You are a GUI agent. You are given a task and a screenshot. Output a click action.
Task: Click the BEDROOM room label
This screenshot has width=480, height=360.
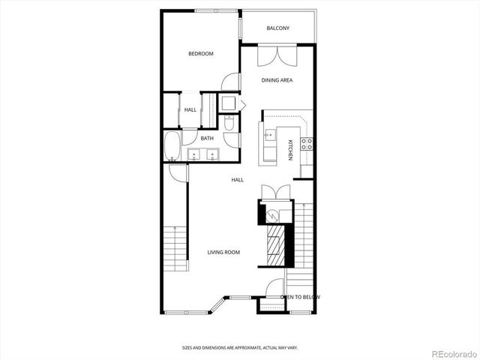point(201,53)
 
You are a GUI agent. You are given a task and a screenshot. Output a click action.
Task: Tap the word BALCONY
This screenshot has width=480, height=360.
point(277,28)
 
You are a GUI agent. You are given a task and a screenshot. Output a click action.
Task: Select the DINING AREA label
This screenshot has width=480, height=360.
point(277,80)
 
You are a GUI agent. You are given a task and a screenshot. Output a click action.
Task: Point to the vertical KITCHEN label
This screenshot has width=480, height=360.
point(289,149)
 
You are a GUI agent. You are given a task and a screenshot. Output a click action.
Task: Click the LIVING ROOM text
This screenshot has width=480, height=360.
point(223,252)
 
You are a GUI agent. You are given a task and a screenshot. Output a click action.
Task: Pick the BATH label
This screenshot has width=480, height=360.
point(207,138)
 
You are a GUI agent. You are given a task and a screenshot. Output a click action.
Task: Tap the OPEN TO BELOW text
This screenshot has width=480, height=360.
point(300,297)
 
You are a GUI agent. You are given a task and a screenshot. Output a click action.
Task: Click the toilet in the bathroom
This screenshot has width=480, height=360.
point(230,121)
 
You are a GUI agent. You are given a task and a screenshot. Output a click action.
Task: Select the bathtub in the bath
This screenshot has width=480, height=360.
point(172,145)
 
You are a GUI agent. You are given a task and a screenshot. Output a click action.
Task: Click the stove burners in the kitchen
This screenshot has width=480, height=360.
point(306,143)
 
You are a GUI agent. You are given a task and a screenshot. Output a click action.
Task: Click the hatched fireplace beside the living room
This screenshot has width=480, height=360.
point(276,244)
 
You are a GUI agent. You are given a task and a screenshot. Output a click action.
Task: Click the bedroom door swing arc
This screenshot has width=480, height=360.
point(232,82)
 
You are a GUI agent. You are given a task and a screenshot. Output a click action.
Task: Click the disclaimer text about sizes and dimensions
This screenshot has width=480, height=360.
point(239,348)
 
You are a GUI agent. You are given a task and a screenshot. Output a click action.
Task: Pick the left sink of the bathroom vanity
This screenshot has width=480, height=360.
point(194,156)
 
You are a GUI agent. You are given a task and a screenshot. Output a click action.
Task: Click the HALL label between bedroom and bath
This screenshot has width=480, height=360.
point(190,110)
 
